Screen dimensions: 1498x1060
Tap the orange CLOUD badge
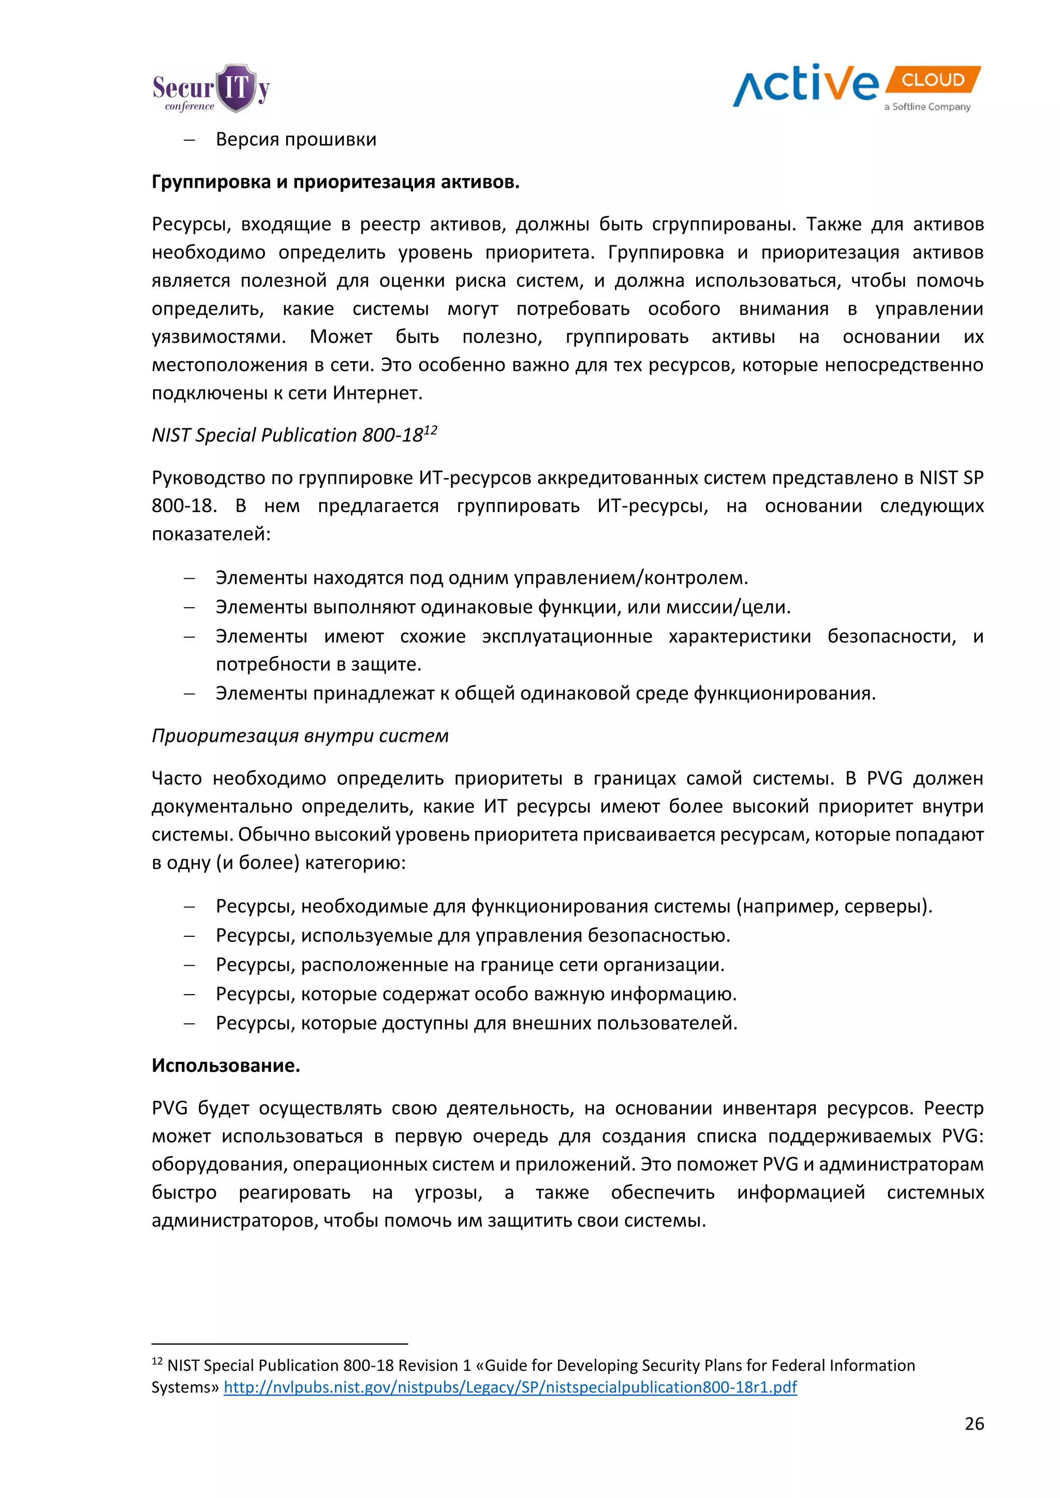point(933,80)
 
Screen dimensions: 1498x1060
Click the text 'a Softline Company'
point(927,107)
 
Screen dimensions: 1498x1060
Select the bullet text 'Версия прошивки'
point(296,140)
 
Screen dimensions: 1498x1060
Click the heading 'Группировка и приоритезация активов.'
point(335,182)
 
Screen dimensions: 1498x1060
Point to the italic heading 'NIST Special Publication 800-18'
point(287,435)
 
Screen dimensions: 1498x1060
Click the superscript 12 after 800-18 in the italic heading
point(430,430)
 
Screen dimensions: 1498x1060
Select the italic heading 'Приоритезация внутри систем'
point(300,736)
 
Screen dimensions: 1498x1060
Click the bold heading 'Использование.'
point(226,1066)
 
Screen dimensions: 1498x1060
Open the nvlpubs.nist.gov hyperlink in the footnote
point(510,1387)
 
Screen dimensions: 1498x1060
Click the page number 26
point(974,1424)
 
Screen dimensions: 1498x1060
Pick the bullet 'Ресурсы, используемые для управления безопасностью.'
point(473,936)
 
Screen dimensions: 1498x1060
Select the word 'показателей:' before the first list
point(211,534)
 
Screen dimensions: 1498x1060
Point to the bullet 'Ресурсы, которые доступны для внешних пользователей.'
point(477,1023)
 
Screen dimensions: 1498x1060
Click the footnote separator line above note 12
point(279,1344)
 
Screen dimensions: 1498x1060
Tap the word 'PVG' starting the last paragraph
point(169,1108)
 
